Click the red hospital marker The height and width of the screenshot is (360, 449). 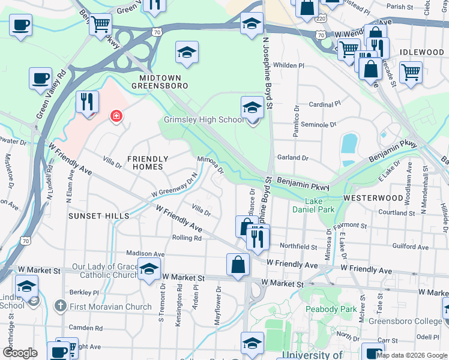(115, 116)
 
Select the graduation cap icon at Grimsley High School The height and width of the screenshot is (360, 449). (252, 108)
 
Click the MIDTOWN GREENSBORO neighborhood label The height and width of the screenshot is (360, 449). (164, 82)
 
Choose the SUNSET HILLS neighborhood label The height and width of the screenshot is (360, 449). (98, 215)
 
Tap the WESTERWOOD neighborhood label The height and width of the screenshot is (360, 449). (373, 197)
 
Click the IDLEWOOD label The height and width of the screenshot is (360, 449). (421, 52)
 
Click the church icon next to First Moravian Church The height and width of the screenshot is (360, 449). (60, 307)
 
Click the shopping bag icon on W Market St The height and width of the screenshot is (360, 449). (238, 265)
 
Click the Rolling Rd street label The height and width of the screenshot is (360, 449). (186, 238)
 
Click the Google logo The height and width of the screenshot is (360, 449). (20, 352)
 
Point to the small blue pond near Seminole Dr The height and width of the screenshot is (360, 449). (348, 145)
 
